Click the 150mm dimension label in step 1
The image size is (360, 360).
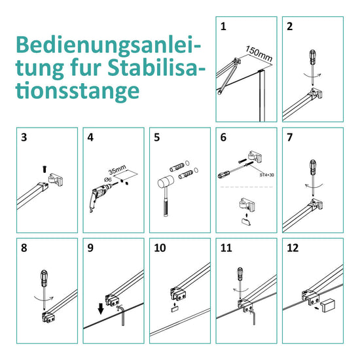tap(259, 54)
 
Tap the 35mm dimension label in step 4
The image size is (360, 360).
tap(117, 170)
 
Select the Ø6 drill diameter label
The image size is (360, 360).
tap(108, 179)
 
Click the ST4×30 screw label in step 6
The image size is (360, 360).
tap(267, 175)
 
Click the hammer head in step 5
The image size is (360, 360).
tap(166, 182)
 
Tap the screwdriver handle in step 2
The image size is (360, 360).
tap(312, 57)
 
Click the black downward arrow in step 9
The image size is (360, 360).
tap(101, 308)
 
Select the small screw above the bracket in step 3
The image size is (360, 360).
tap(45, 169)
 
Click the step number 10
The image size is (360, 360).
tap(160, 248)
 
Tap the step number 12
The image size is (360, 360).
tap(293, 248)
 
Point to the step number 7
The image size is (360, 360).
tap(290, 137)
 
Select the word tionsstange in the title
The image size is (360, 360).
tap(78, 91)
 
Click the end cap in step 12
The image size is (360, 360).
tap(329, 306)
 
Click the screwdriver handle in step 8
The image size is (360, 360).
tap(44, 278)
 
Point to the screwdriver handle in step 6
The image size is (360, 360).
tap(224, 175)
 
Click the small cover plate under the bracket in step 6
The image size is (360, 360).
tap(246, 221)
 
